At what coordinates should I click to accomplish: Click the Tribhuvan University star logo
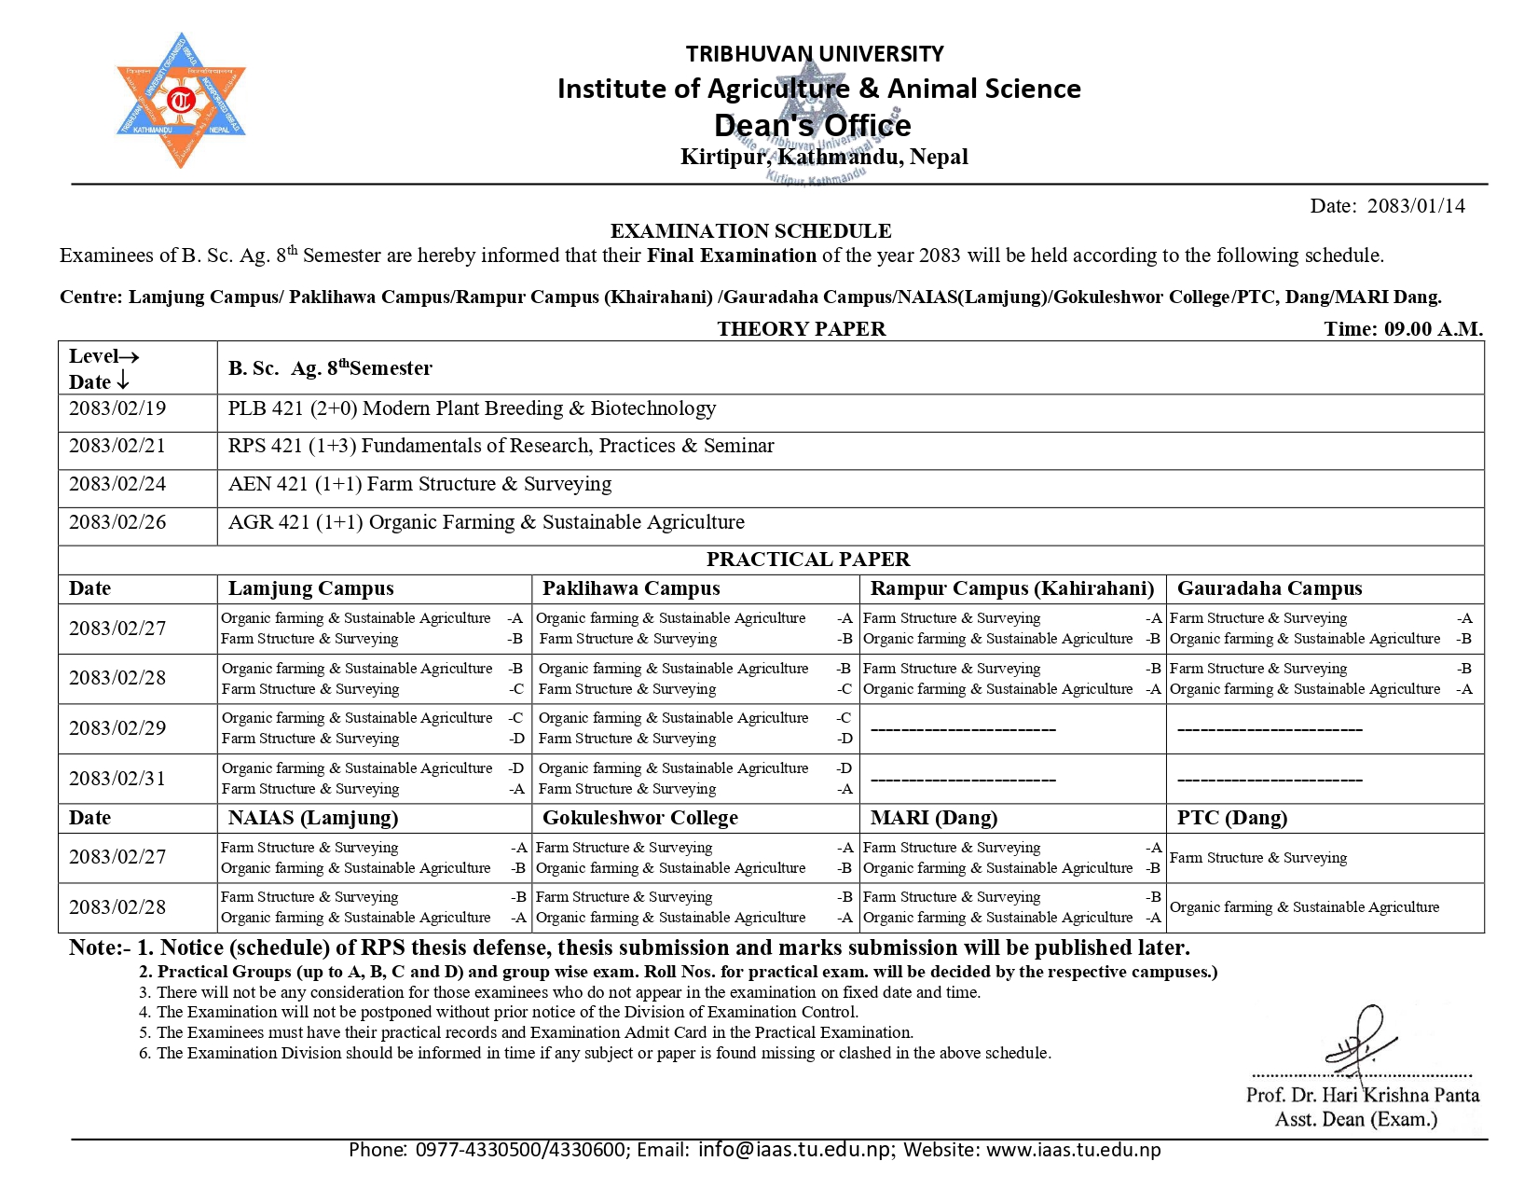[x=181, y=100]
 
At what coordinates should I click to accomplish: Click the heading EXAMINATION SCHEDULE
[x=750, y=230]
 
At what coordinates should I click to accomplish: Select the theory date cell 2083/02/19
[x=117, y=408]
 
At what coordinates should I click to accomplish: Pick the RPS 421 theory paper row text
[x=501, y=446]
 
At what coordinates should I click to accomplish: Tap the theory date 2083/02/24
[x=117, y=484]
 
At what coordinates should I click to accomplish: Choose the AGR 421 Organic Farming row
[x=486, y=522]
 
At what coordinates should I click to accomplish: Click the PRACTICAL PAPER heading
[x=807, y=559]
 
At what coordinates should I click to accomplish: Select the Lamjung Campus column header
[x=310, y=588]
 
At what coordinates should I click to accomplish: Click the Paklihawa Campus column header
[x=631, y=588]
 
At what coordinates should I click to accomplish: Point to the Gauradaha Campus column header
[x=1269, y=588]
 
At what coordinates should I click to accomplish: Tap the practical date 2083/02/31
[x=117, y=779]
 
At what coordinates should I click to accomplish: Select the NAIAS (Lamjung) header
[x=312, y=818]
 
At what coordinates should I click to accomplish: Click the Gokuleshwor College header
[x=639, y=818]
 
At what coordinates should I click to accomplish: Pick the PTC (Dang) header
[x=1231, y=818]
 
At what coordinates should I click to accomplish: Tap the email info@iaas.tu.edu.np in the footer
[x=794, y=1149]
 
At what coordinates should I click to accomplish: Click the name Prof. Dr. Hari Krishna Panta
[x=1362, y=1095]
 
